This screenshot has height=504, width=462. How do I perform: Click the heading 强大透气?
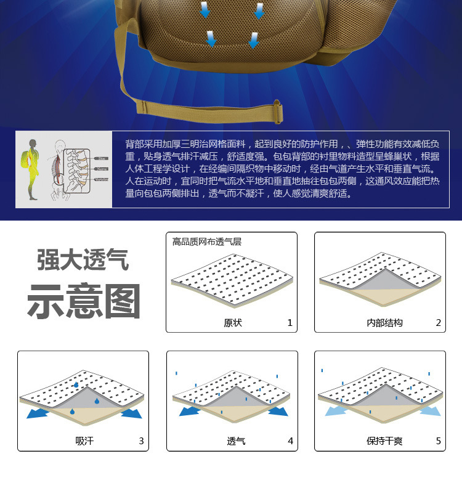coord(83,259)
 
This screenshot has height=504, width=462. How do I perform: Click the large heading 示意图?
coord(84,301)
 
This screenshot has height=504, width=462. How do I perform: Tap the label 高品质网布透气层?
coord(207,242)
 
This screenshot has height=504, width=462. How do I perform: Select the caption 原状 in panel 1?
coord(233,323)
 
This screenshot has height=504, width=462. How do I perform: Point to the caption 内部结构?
coord(384,323)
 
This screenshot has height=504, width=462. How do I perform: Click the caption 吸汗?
coord(84,441)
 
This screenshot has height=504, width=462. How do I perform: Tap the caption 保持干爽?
coord(384,441)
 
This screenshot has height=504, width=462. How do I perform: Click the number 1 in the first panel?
coord(290,323)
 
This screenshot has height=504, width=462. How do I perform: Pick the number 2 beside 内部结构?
coord(438,323)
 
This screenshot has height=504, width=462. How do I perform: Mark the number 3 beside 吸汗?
coord(141,441)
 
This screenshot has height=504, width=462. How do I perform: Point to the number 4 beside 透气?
coord(290,441)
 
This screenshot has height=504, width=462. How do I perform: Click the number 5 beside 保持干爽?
coord(438,441)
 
